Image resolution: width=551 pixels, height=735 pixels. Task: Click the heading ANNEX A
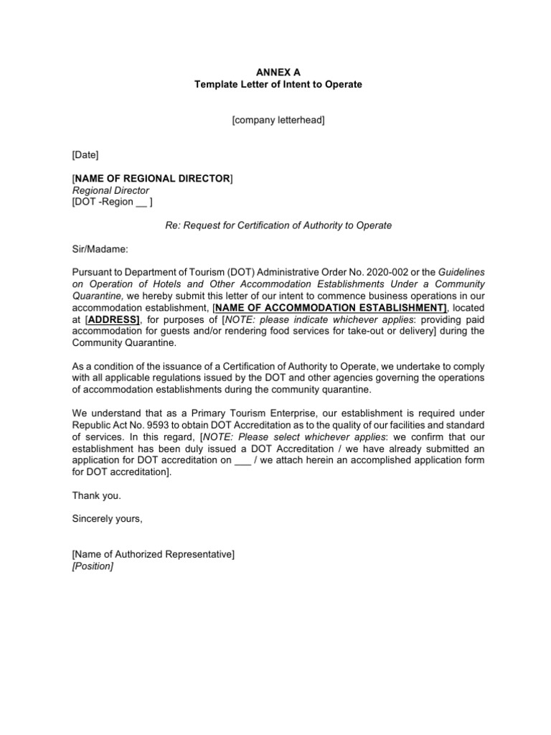[278, 72]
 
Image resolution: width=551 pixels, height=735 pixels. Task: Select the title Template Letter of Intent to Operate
[278, 85]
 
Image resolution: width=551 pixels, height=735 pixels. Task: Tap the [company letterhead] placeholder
[278, 121]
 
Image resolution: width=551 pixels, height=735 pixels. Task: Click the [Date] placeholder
[85, 155]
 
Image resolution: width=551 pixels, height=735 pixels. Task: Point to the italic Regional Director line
[110, 190]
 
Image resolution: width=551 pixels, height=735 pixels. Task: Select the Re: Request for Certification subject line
[278, 225]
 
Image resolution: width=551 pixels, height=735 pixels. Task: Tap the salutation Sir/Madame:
[100, 248]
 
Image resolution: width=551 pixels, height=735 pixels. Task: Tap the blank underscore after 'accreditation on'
[242, 460]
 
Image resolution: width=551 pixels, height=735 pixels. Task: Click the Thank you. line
[97, 495]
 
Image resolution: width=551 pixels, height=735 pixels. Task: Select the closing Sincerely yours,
[108, 519]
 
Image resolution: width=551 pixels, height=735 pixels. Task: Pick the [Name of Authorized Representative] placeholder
[153, 554]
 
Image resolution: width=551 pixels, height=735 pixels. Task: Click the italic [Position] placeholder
[93, 566]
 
